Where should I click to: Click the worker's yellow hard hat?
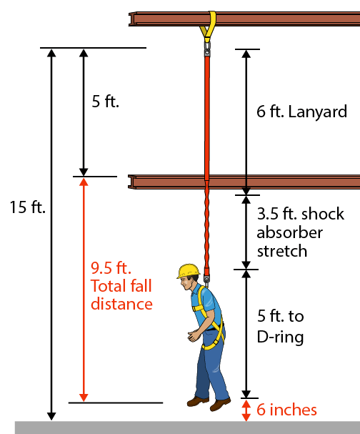188,271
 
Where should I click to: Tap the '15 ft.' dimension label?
28,208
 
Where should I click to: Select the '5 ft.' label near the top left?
106,102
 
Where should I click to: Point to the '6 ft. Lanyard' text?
301,112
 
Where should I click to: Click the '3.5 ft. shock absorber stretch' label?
290,232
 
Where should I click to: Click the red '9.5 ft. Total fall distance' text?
121,286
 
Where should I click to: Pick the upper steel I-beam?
243,19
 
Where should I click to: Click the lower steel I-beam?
243,182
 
